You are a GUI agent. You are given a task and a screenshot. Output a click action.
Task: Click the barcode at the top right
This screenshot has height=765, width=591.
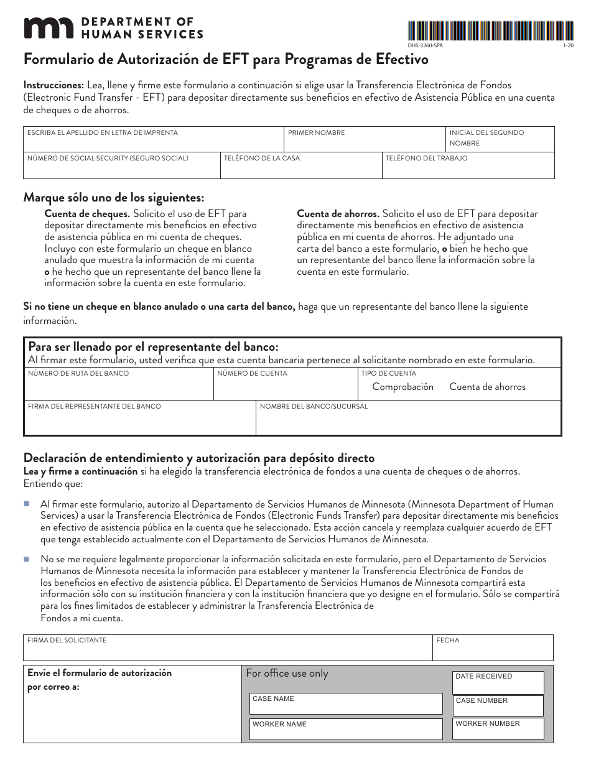click(x=490, y=30)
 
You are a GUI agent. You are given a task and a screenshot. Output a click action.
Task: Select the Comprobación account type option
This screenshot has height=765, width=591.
click(x=403, y=387)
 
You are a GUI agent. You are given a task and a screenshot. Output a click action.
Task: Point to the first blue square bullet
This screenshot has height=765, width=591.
click(x=27, y=503)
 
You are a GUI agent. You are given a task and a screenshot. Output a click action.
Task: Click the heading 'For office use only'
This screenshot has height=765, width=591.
click(x=287, y=673)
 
